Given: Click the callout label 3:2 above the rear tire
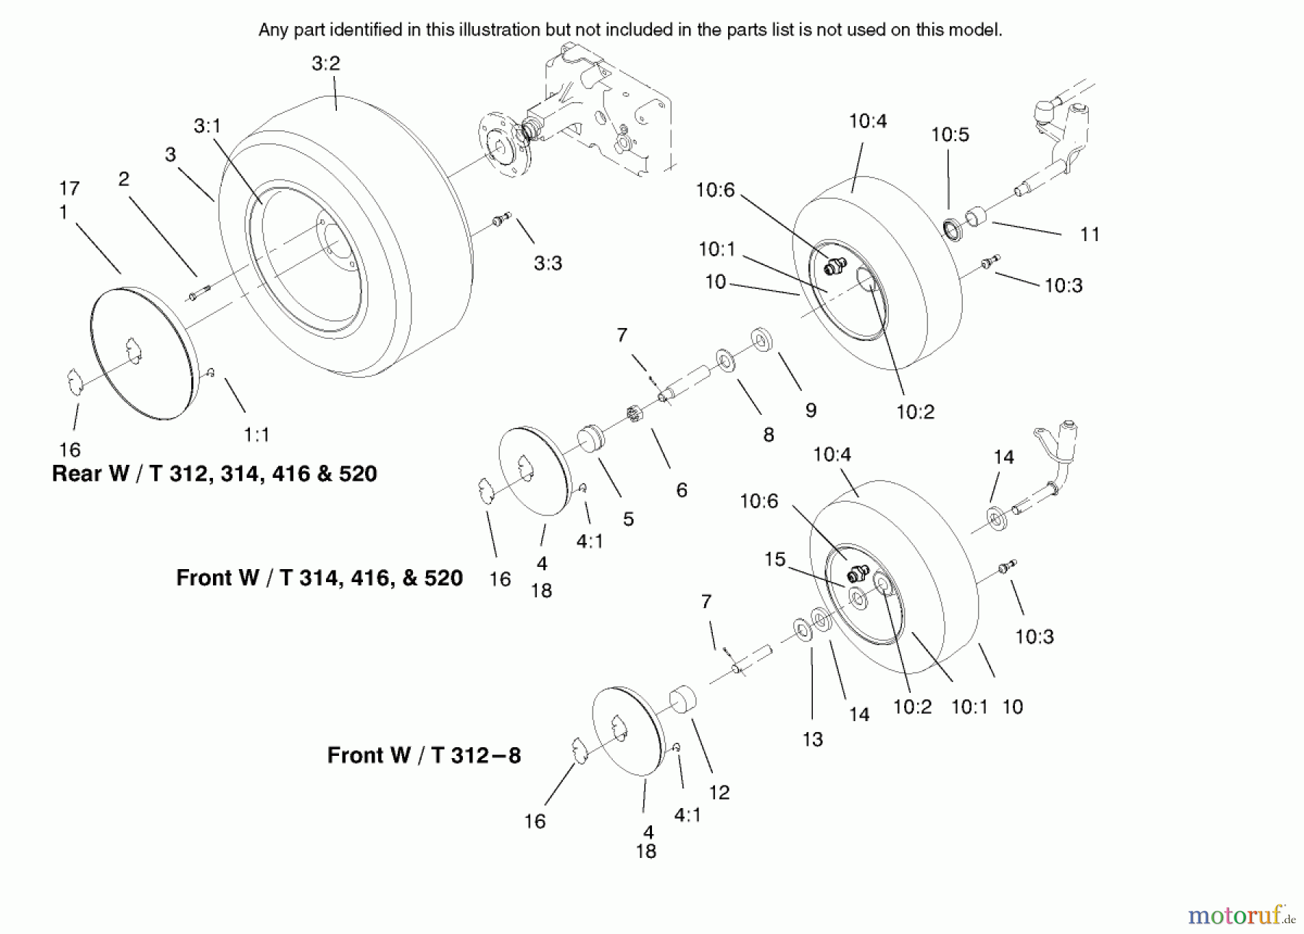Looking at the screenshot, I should click(x=325, y=64).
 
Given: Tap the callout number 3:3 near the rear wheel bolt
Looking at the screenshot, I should click(x=548, y=264).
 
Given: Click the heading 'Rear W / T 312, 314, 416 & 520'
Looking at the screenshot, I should click(x=214, y=474).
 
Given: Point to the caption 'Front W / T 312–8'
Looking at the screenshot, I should click(x=424, y=756).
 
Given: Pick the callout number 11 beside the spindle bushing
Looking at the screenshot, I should click(x=1090, y=235).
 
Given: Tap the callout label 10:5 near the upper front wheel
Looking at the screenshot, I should click(x=950, y=135).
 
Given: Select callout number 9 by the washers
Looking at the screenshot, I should click(x=811, y=411).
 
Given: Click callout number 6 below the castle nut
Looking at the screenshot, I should click(x=681, y=490).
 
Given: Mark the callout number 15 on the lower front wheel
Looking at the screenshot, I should click(x=774, y=560).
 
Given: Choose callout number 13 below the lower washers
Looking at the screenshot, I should click(x=812, y=739).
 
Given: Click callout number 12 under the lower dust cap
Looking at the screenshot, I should click(x=719, y=793).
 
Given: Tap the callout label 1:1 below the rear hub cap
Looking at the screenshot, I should click(x=256, y=435).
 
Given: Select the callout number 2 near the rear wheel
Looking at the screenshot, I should click(x=124, y=180).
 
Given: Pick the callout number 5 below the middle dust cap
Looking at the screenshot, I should click(x=628, y=519).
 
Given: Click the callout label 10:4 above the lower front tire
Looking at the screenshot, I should click(x=832, y=455).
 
